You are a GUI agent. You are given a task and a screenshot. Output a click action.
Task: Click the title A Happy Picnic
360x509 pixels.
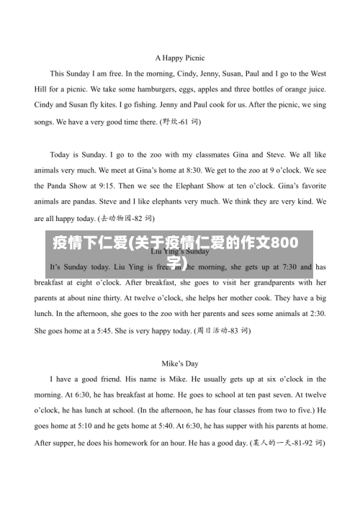point(180,57)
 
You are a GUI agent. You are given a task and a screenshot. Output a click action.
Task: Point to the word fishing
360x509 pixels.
point(150,105)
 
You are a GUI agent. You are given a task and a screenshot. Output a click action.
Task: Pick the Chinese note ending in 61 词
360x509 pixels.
point(181,122)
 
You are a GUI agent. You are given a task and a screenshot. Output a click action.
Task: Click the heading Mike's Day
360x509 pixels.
point(180,364)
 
